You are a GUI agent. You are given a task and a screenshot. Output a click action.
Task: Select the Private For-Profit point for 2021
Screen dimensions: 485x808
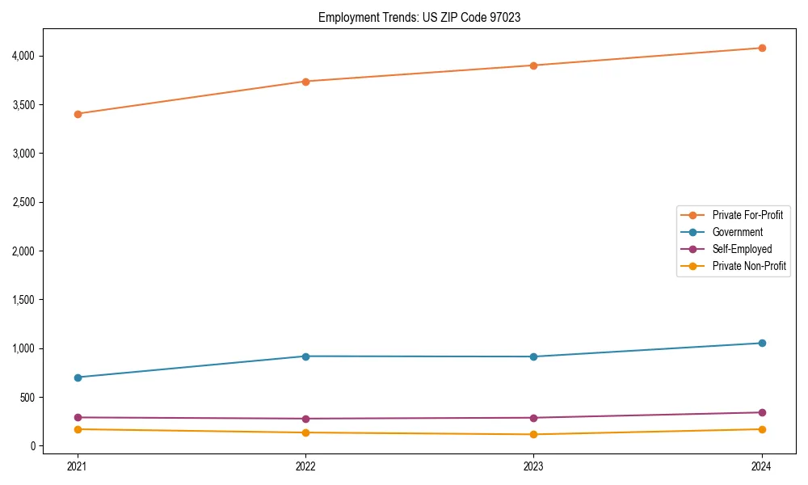78,114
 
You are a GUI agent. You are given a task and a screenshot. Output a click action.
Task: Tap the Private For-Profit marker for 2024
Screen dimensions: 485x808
762,48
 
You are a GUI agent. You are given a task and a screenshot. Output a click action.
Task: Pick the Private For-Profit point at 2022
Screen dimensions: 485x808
305,82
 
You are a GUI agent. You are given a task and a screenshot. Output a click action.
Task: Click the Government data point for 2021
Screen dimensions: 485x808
78,377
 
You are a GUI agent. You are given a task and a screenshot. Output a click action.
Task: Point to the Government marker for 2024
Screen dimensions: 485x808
762,343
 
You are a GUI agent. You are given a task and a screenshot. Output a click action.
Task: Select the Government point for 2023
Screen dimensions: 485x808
533,356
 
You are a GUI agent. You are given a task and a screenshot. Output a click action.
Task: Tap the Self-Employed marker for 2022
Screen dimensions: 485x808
305,419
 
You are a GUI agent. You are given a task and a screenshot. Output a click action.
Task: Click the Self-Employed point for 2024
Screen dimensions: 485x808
762,412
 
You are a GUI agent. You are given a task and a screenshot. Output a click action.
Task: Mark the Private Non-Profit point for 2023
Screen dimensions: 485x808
533,434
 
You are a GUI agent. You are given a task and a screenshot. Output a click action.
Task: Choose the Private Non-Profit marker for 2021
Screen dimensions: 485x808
78,429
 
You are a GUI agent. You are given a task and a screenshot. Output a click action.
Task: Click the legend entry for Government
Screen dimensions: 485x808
737,232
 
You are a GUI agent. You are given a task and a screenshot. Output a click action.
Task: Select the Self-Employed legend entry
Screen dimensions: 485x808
742,249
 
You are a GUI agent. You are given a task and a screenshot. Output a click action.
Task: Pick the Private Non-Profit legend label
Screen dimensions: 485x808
749,266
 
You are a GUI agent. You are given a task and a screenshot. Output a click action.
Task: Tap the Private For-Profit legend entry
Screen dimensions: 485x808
747,215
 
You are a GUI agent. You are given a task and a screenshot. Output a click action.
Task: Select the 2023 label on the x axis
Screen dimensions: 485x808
533,466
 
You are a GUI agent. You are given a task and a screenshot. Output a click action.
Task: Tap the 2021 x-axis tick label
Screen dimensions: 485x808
78,466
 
